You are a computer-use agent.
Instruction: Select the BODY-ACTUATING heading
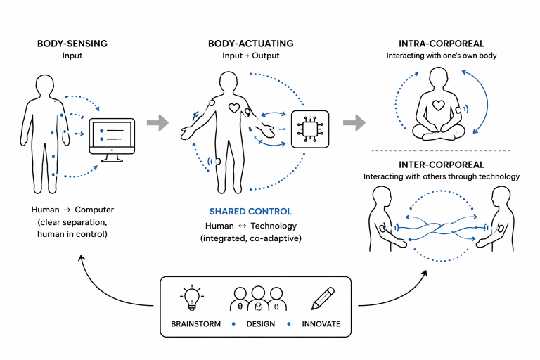pos(250,44)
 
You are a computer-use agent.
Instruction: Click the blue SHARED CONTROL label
pos(250,212)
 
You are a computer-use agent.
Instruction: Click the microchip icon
pos(310,129)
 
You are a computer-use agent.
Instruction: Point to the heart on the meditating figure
pos(438,107)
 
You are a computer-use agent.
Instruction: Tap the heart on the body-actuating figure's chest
pos(236,109)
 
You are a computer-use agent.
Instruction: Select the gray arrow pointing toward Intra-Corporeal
pos(354,124)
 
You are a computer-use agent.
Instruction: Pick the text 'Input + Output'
pos(250,57)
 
